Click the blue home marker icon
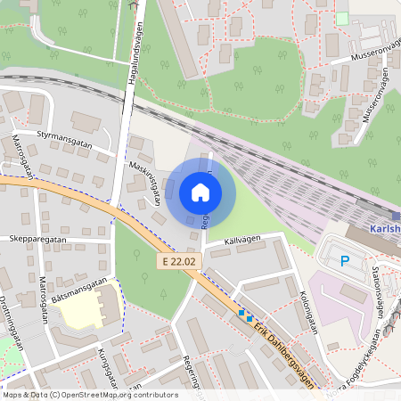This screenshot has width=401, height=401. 200,192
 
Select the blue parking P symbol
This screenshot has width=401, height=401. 345,261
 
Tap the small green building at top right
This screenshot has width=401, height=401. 342,18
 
